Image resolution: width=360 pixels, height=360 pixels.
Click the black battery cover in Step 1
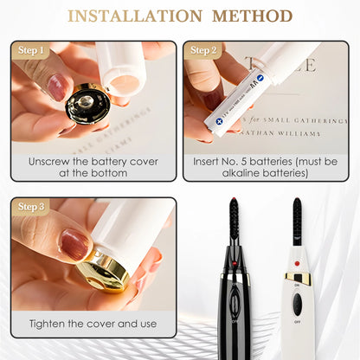click(87, 105)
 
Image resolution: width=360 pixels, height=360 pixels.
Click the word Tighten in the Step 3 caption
click(51, 322)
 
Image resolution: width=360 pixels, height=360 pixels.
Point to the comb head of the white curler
click(298, 221)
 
